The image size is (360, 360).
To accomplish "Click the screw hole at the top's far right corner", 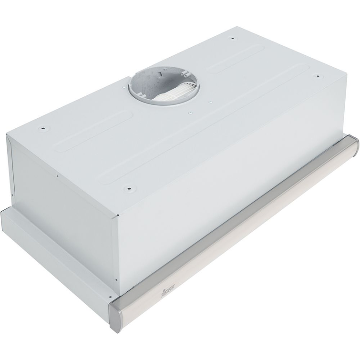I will tap(316, 76).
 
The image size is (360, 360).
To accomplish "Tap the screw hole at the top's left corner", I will tap(42, 128).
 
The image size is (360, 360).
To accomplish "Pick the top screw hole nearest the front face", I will tap(129, 188).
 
